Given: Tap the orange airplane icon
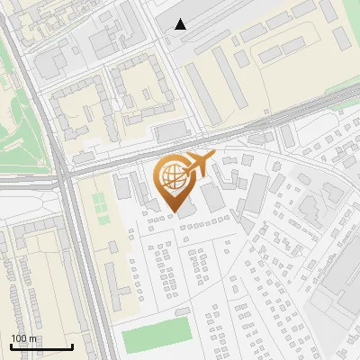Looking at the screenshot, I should point(200,164).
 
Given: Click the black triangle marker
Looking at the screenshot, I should point(181,24).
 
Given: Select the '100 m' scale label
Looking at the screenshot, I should point(24,337).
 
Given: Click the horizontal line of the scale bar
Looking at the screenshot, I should point(41,347).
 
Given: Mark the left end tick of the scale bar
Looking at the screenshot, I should point(11,346).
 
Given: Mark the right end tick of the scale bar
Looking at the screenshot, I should point(72,346).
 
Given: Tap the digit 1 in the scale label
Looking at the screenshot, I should point(13,337).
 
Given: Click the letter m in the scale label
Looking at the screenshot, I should point(33,338).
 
